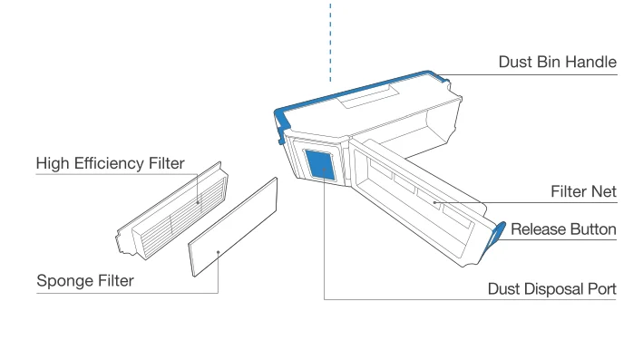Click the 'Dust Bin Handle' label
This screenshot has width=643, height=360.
click(x=557, y=62)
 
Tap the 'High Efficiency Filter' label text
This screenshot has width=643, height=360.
click(x=111, y=163)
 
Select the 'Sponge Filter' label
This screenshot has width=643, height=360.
click(x=85, y=281)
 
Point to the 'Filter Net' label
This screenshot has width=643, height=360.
click(x=583, y=191)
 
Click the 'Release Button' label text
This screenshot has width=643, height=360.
click(x=563, y=229)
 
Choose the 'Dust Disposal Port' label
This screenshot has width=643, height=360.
click(x=552, y=288)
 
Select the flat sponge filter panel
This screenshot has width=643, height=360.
click(x=233, y=227)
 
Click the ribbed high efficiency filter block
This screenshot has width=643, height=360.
click(x=172, y=210)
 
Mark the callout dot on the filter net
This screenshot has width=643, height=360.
click(x=434, y=202)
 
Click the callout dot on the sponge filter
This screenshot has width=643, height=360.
click(x=219, y=252)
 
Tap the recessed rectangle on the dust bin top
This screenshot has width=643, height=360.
click(x=368, y=96)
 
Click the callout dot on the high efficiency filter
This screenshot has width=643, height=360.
click(x=198, y=202)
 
